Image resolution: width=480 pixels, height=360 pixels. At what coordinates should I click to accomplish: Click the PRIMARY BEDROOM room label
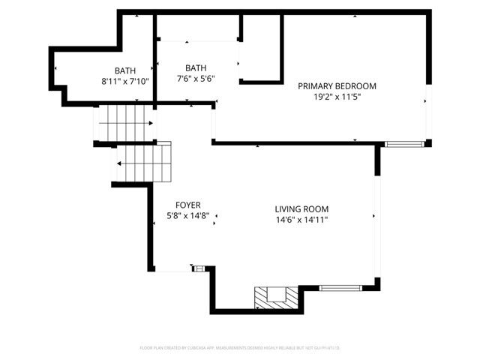coord(337,86)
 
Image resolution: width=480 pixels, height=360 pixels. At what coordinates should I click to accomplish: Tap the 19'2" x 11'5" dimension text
coord(337,97)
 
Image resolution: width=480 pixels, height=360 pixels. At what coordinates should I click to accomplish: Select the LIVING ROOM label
coord(301,209)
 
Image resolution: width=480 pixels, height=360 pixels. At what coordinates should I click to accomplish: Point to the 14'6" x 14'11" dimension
coord(301,220)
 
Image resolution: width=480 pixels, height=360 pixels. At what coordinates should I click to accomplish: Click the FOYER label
coord(187,205)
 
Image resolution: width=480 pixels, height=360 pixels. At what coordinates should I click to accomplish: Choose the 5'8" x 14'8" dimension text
coord(187,216)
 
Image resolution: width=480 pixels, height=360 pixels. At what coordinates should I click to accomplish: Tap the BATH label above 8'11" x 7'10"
coord(126,70)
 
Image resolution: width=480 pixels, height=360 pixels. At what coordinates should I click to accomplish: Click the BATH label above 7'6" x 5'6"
coord(196,67)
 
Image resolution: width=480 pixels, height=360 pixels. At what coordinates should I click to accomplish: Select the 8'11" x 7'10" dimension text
coord(125,81)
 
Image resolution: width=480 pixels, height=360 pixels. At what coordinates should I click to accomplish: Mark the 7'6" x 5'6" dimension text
coord(196,77)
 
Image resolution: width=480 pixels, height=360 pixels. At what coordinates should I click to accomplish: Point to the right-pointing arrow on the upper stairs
coord(151,123)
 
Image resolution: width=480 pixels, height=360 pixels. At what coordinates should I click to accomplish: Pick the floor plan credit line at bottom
coord(239,348)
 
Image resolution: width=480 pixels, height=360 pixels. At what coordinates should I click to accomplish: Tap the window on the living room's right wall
coord(377,217)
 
